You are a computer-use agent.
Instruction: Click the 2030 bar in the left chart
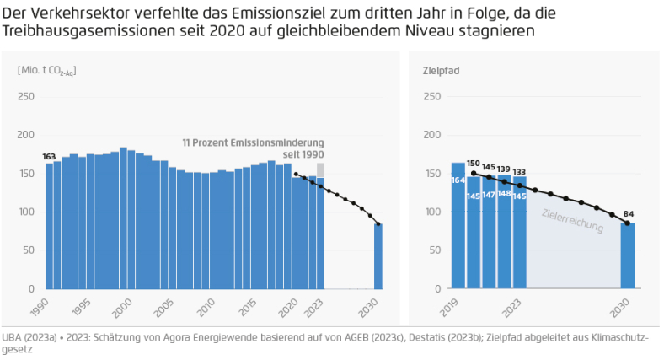point(378,256)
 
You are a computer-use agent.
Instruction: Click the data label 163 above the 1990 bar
point(49,156)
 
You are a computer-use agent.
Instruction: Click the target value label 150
point(473,163)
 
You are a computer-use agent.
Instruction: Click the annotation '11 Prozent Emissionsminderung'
point(253,143)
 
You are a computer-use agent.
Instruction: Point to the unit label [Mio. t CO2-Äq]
point(46,71)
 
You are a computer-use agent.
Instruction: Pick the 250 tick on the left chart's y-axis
point(26,96)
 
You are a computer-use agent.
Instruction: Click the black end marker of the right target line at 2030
point(627,223)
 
